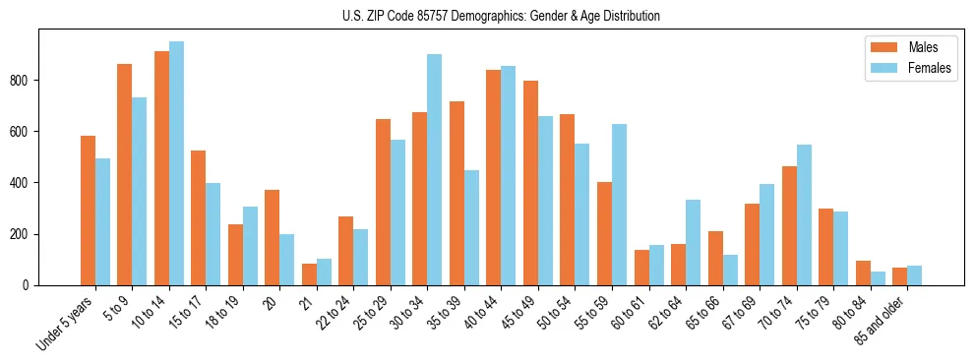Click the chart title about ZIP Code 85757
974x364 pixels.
click(x=487, y=16)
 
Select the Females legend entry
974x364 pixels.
click(x=929, y=69)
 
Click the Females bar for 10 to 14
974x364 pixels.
click(x=176, y=163)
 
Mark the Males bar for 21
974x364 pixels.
click(x=309, y=274)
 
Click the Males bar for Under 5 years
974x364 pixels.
click(x=88, y=211)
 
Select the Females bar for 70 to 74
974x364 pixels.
click(x=804, y=215)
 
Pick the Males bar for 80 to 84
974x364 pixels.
click(x=863, y=273)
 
